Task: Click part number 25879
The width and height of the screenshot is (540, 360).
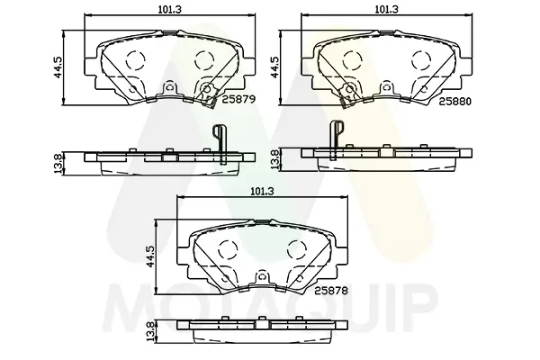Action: pos(238,100)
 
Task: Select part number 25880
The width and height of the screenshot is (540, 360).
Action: pos(454,102)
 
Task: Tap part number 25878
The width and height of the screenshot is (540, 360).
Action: pos(331,291)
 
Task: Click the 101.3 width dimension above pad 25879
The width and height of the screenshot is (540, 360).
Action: pos(170,9)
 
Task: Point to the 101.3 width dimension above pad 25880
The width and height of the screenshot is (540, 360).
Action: pos(386,9)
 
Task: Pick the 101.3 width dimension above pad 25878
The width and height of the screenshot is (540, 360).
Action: pos(262,191)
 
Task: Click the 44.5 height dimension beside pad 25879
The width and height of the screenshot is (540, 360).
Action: pos(58,67)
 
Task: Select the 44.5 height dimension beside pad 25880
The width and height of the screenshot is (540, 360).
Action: pos(274,67)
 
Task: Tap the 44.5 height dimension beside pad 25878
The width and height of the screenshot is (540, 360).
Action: pos(150,256)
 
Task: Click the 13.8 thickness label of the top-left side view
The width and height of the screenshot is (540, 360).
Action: pos(58,163)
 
